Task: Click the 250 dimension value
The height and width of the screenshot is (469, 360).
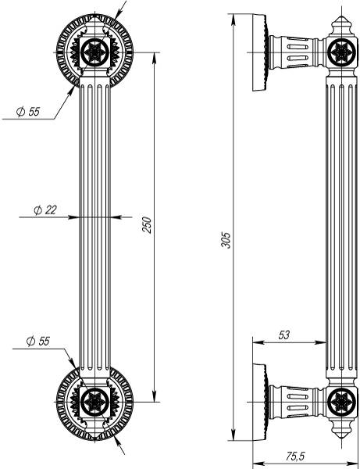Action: pos(147,225)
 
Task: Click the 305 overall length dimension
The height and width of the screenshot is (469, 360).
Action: pos(226,240)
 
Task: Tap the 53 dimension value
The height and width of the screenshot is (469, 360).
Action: pos(283,335)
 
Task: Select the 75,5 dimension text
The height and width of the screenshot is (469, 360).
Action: pos(295,456)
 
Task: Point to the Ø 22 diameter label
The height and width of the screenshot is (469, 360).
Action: pos(45,210)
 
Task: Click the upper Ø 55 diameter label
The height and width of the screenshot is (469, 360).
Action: pos(28,112)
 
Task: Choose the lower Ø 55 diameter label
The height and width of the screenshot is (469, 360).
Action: pos(38,341)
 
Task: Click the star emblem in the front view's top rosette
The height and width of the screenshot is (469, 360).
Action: pos(94,52)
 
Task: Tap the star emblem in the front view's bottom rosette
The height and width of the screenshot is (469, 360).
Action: pos(94,402)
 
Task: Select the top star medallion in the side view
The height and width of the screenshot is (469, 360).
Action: pos(341,52)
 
